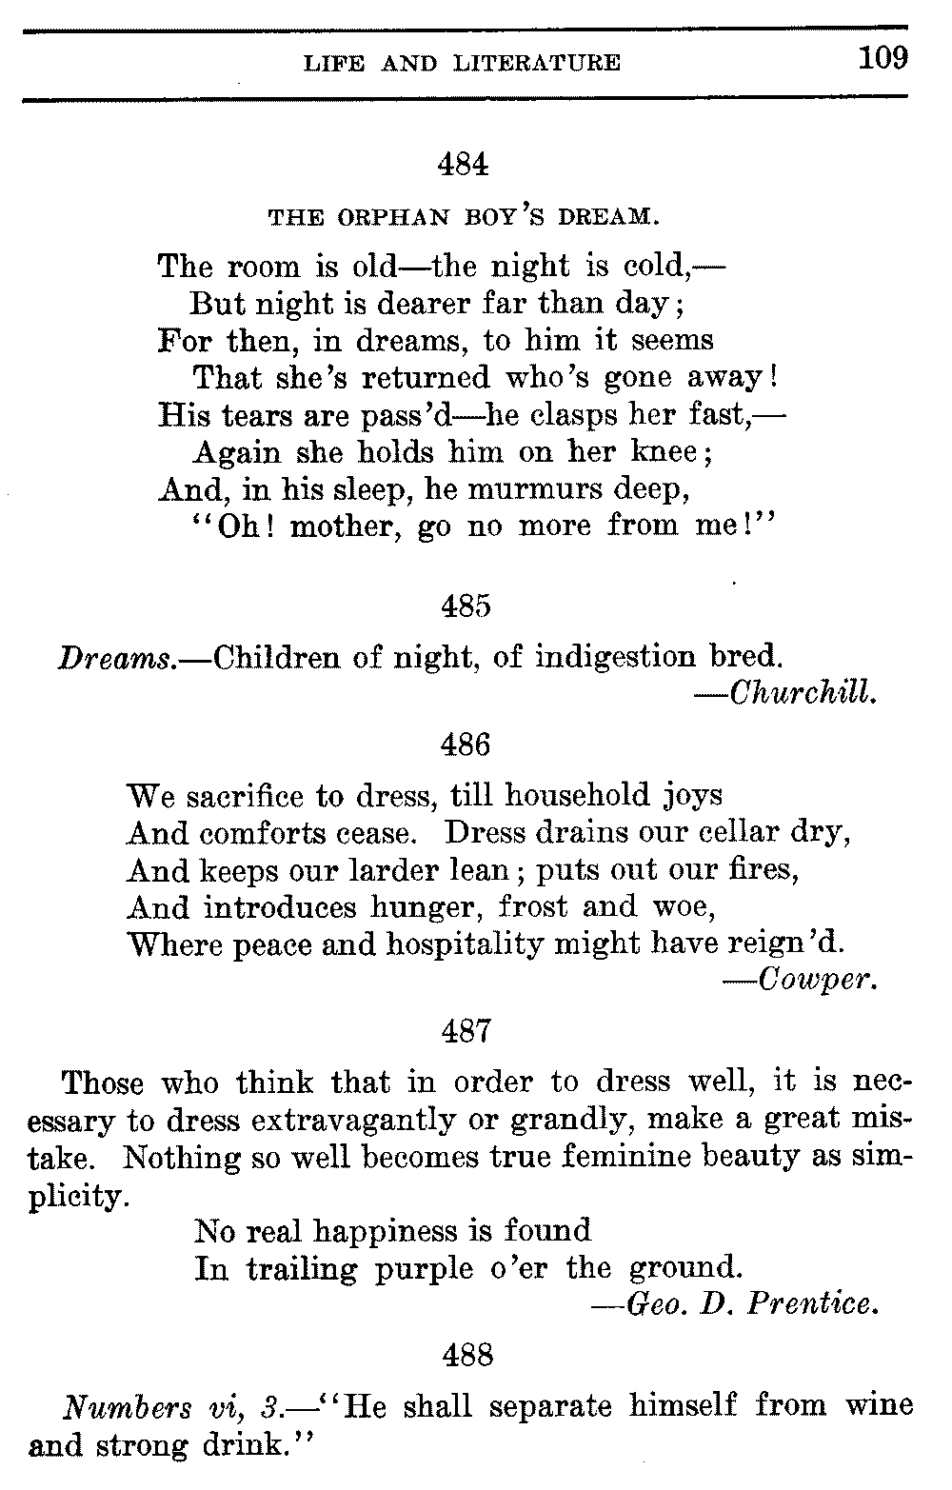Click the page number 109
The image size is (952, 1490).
(883, 59)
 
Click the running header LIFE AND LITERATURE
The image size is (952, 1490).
(462, 64)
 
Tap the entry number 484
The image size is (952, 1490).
(464, 165)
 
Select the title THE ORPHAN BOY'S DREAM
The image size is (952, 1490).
(464, 217)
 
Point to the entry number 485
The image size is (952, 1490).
(466, 606)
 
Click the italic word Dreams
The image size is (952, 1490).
(116, 658)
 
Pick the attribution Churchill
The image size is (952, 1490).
(801, 694)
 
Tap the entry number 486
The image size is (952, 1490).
(466, 744)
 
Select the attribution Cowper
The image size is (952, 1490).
(817, 980)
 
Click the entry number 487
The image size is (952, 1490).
(466, 1030)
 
